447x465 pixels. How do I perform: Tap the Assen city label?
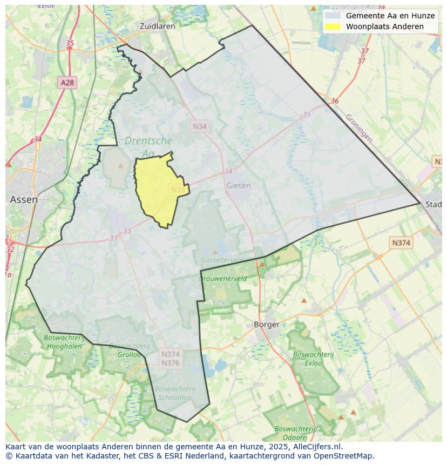[x=24, y=199]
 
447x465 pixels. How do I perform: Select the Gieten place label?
[x=238, y=185]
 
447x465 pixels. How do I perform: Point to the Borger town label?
[x=267, y=325]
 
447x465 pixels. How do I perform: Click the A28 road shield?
[x=67, y=83]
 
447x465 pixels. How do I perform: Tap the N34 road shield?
[x=200, y=126]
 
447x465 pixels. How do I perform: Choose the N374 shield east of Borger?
[x=401, y=243]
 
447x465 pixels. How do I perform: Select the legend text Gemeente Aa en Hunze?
[x=390, y=16]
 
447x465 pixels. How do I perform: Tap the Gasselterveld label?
[x=222, y=260]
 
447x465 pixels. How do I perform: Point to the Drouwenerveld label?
[x=223, y=279]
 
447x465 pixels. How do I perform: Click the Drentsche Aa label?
[x=148, y=147]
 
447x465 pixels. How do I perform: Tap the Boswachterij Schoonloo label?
[x=174, y=393]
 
